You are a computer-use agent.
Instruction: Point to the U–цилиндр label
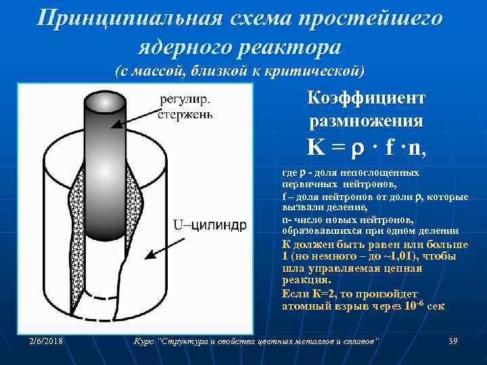(210, 224)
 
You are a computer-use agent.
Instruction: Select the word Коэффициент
(366, 99)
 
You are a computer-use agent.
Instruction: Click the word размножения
(366, 122)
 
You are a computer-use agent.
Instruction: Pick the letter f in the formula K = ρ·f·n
(390, 147)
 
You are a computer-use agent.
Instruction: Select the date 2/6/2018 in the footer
(47, 341)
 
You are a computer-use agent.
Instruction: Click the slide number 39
(453, 341)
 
